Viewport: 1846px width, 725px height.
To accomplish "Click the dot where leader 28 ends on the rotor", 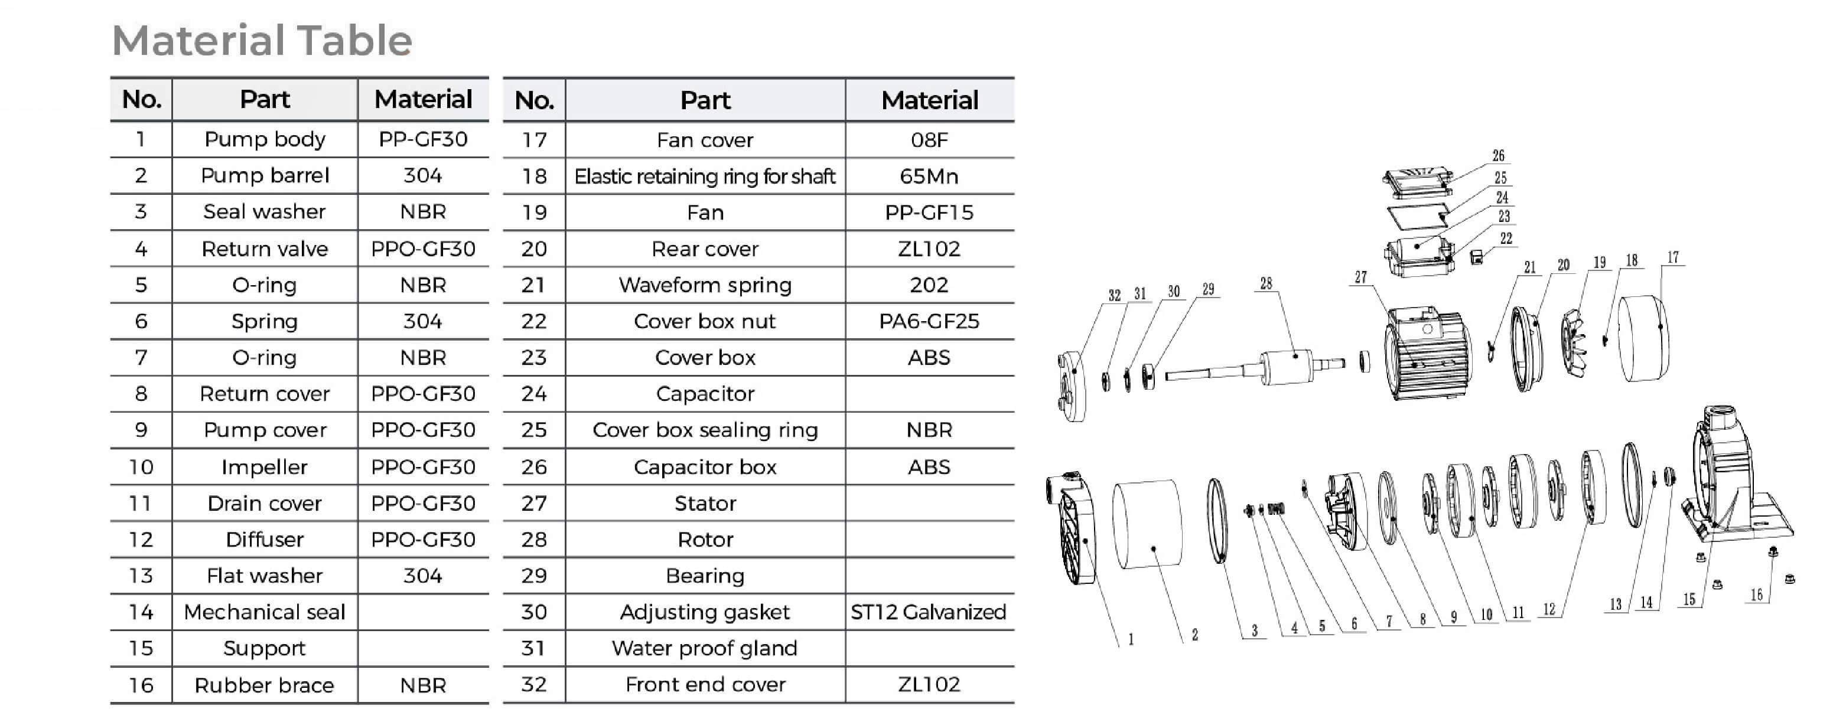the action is click(1295, 355).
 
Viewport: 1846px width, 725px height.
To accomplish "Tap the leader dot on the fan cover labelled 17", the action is click(1661, 326).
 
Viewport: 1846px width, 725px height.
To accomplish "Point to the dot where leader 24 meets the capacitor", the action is click(1417, 246).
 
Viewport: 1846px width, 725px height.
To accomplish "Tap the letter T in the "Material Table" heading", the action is click(309, 40).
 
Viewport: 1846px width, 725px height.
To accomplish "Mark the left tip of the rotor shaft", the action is click(1166, 375).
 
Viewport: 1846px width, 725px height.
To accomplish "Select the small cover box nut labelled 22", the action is click(1476, 256).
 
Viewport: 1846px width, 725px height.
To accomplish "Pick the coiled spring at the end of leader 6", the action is click(1275, 510).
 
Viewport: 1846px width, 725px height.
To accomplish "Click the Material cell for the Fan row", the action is click(929, 213).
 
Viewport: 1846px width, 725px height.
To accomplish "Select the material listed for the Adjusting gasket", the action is click(929, 612).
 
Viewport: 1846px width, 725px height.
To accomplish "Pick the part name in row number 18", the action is click(705, 177).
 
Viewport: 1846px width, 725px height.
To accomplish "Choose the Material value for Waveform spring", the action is click(929, 285).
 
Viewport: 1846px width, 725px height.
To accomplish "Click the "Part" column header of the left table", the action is click(265, 99).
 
